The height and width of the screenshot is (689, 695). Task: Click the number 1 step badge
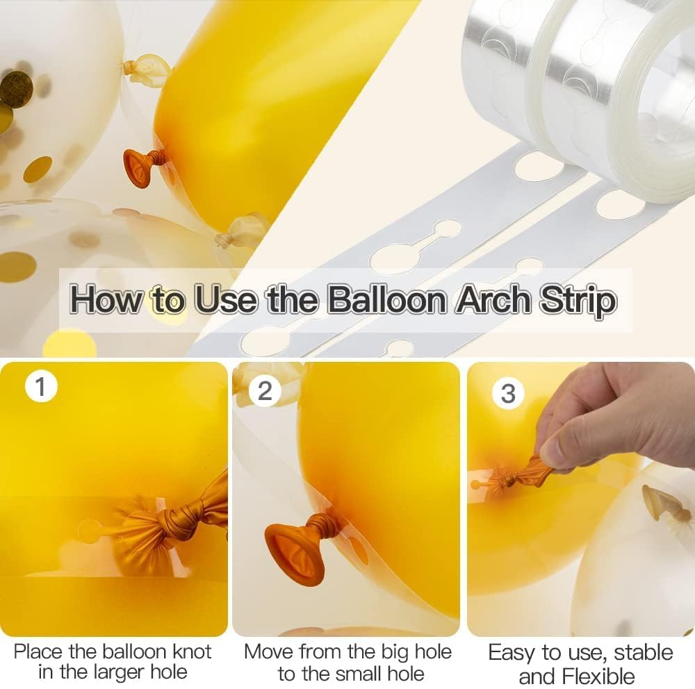pyautogui.click(x=41, y=386)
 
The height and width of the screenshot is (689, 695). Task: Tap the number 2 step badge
pyautogui.click(x=265, y=390)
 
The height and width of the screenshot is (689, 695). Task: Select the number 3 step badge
pyautogui.click(x=508, y=394)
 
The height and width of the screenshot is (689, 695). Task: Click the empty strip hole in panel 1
pyautogui.click(x=90, y=531)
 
